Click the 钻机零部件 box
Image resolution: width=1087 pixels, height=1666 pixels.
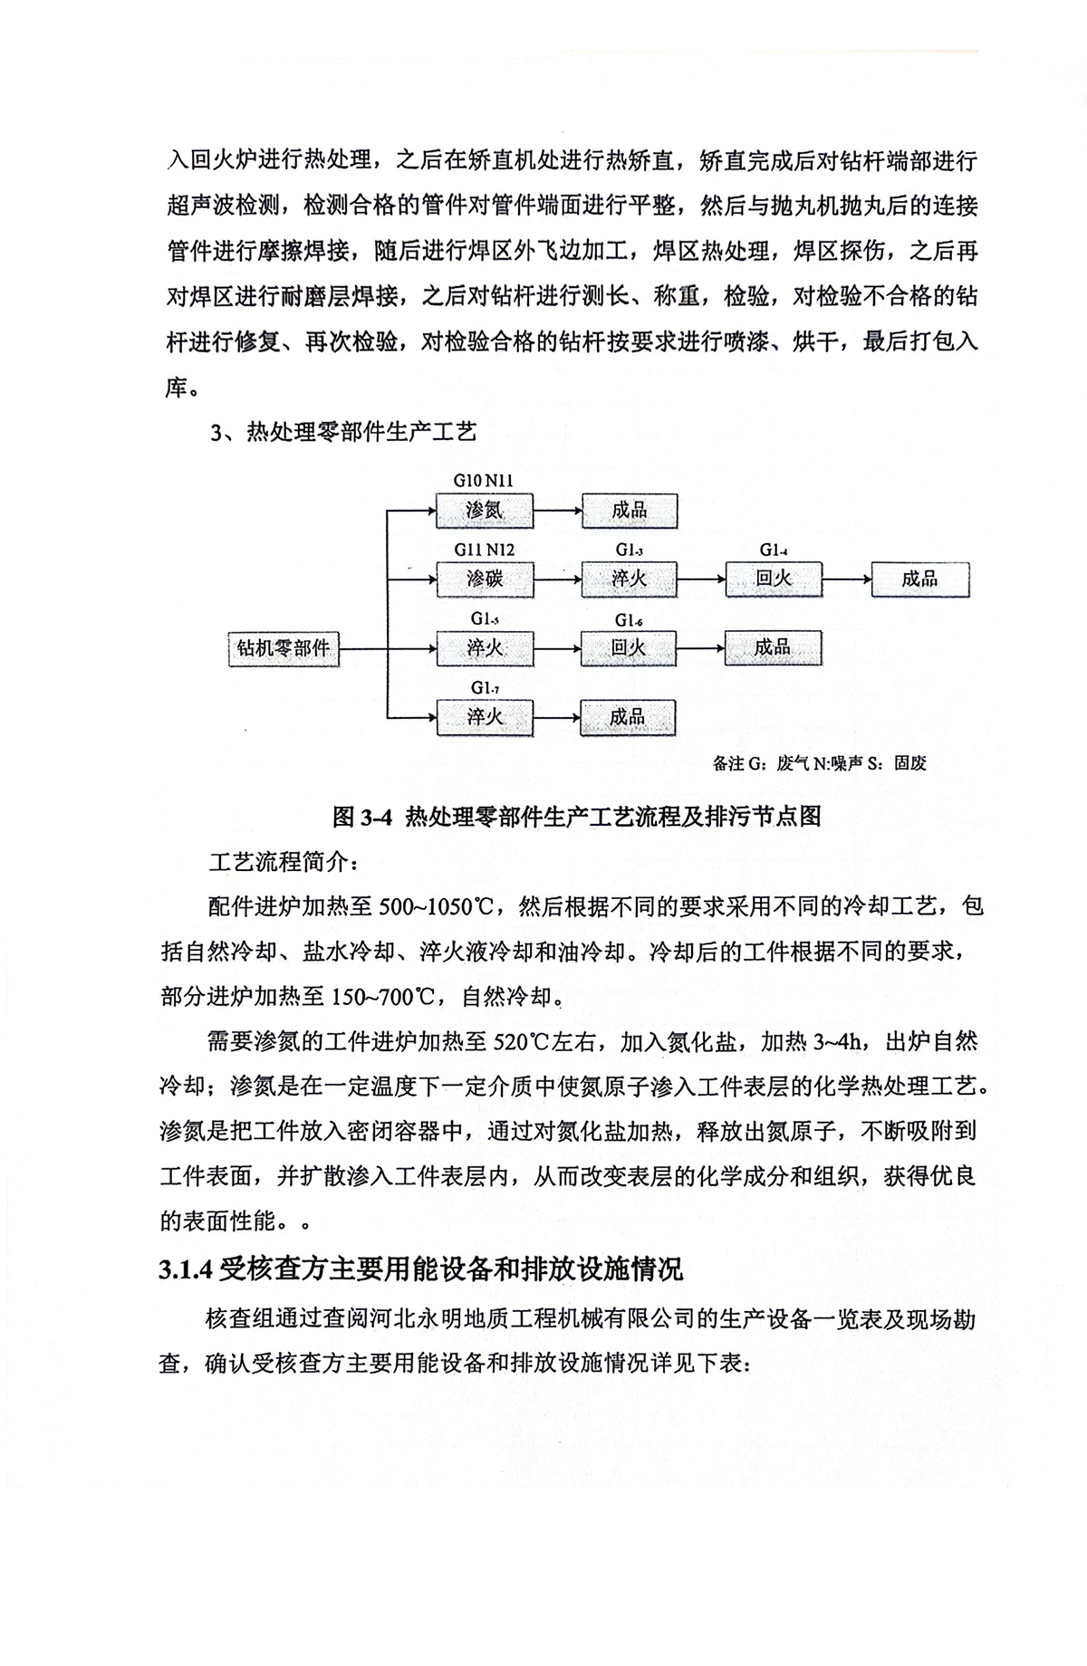tap(283, 648)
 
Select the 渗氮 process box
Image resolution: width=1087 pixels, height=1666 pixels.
tap(484, 511)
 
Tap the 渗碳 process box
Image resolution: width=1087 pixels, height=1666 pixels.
tap(484, 579)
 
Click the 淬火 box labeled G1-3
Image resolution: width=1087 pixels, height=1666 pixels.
tap(628, 579)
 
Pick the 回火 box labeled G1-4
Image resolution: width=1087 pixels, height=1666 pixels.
tap(773, 579)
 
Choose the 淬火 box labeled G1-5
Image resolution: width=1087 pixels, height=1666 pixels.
tap(484, 648)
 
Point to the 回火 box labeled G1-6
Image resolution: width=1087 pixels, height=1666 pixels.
tap(628, 648)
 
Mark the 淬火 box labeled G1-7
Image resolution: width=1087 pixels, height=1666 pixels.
tap(484, 718)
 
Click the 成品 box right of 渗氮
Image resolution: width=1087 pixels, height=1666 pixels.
tap(628, 511)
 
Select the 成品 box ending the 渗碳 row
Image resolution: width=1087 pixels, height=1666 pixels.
tap(919, 579)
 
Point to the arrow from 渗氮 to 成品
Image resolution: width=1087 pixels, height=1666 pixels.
tap(556, 511)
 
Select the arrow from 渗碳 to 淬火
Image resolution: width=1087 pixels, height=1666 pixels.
tap(556, 579)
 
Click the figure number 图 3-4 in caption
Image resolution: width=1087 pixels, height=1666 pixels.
tap(362, 817)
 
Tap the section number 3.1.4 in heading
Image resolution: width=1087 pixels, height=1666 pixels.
tap(186, 1270)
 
